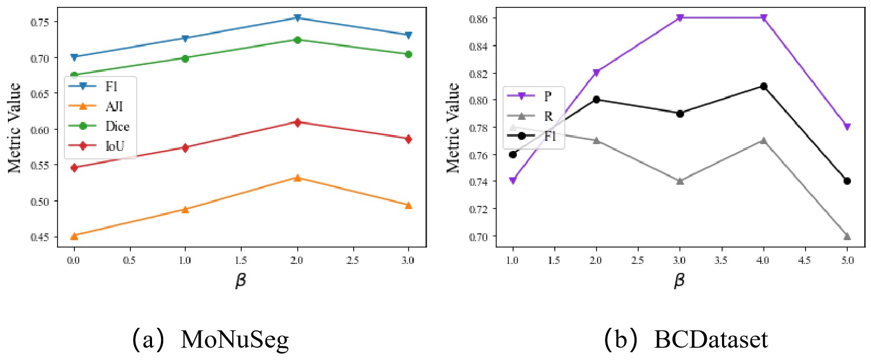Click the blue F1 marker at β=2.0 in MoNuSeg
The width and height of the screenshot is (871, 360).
coord(297,18)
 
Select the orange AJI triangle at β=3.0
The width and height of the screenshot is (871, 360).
coord(408,205)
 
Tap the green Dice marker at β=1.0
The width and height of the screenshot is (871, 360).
coord(185,58)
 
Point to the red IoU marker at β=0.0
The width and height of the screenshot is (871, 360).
coord(74,168)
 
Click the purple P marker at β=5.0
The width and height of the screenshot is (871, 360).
coord(847,127)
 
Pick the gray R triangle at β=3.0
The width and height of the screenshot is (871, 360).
coord(680,181)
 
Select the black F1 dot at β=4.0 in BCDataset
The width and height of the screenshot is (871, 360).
coord(763,86)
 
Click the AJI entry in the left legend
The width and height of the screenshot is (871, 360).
coord(114,106)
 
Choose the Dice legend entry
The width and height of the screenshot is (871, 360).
coord(117,126)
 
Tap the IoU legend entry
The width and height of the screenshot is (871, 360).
coord(115,146)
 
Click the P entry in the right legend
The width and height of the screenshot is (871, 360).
coord(547,96)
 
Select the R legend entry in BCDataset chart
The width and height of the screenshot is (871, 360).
coord(548,116)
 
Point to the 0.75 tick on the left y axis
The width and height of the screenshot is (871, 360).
coord(40,22)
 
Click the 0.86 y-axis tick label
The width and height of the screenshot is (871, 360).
coord(479,18)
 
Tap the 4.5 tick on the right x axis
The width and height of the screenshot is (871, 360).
coord(804,260)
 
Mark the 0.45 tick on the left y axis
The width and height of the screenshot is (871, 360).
coord(40,237)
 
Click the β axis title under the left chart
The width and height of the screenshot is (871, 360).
coord(241,280)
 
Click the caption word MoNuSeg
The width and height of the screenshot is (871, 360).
coord(234,339)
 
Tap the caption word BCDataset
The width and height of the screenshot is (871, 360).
coord(711,339)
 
